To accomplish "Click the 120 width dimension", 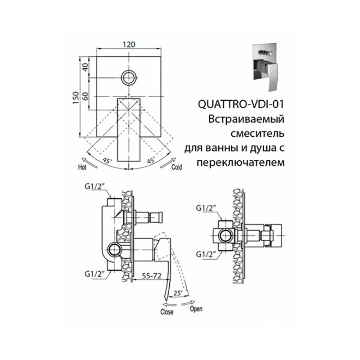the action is (129, 44).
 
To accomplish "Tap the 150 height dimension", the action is (76, 98).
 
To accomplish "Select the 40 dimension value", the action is (85, 67).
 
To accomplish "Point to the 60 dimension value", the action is (85, 96).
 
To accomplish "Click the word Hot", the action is (82, 167).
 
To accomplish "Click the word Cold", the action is (177, 167).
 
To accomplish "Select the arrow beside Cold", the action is (168, 162).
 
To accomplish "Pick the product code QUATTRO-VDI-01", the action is (241, 104).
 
